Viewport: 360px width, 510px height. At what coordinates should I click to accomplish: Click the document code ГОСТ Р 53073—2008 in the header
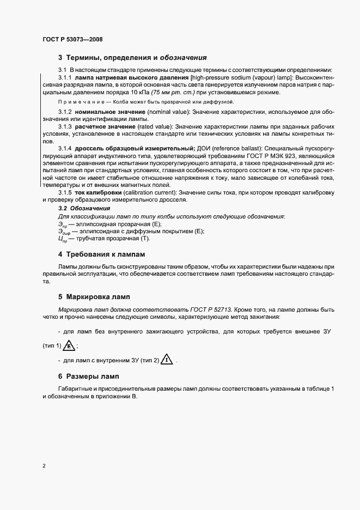point(72,40)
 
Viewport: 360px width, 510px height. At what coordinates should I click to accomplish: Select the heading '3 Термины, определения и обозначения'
point(131,58)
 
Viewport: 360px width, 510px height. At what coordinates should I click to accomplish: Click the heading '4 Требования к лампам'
point(102,254)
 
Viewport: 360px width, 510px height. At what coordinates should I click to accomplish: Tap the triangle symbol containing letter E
point(70,346)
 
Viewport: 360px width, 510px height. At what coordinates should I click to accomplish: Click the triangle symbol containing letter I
point(167,360)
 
